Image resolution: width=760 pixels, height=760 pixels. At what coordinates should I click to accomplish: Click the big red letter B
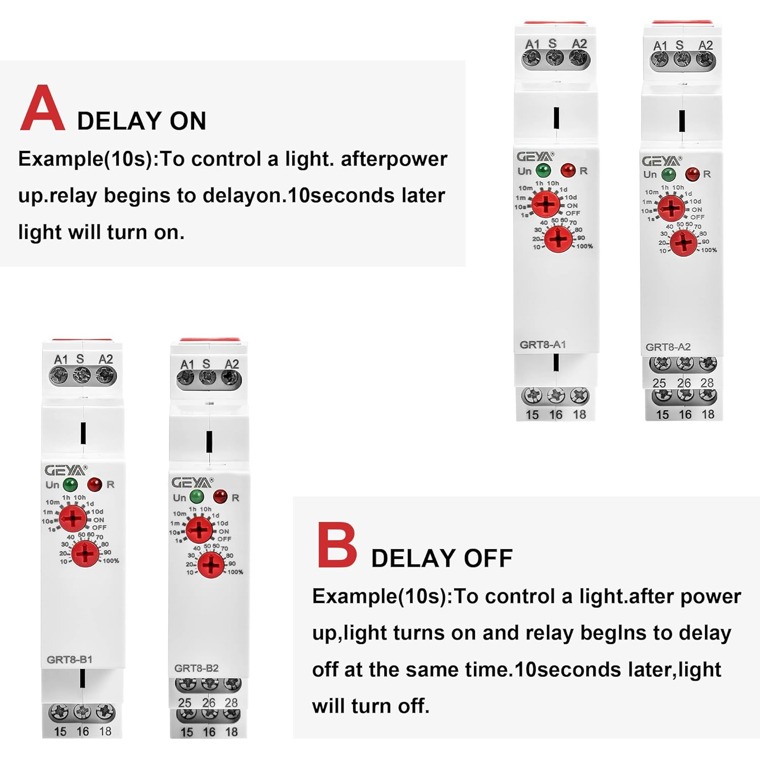(x=336, y=545)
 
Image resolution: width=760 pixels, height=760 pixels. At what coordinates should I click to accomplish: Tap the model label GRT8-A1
(x=543, y=345)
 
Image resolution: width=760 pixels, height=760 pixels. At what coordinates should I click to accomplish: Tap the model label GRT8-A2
(x=668, y=347)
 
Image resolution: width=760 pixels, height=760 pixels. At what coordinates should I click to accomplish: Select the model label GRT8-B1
(x=69, y=660)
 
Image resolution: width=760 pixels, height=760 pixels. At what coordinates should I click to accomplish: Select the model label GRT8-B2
(x=196, y=668)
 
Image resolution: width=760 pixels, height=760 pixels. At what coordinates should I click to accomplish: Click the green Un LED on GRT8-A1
(x=543, y=170)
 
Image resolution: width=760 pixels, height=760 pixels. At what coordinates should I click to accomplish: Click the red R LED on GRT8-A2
(x=692, y=174)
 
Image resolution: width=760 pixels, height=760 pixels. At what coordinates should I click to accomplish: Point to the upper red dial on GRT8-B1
(x=73, y=518)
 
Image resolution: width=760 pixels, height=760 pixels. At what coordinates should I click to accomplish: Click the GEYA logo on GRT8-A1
(x=535, y=157)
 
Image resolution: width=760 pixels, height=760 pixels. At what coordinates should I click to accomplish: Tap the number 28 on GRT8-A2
(x=707, y=383)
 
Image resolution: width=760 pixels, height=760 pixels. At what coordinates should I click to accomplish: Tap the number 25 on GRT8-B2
(x=185, y=703)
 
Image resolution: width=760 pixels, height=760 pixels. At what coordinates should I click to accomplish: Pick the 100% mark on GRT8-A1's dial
(x=584, y=246)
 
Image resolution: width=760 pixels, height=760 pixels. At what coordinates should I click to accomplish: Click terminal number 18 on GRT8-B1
(x=105, y=731)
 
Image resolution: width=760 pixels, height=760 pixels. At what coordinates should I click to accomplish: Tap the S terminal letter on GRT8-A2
(x=679, y=45)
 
